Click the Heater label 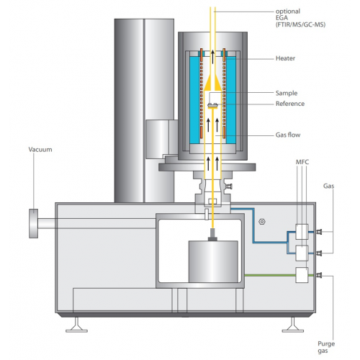coord(285,58)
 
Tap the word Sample coord(287,93)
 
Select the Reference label coord(290,104)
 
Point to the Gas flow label coord(288,135)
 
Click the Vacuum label coord(40,150)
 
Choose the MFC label coord(302,162)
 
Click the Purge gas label coord(326,347)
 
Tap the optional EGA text coord(300,18)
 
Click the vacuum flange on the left coord(33,223)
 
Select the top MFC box coord(302,232)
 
